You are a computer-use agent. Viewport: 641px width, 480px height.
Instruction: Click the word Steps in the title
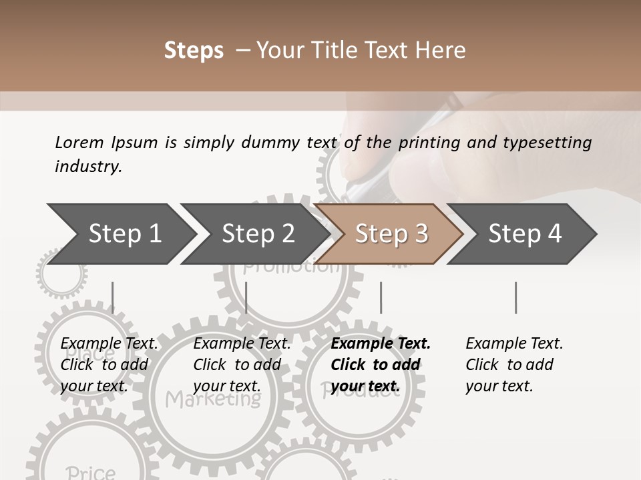coord(194,51)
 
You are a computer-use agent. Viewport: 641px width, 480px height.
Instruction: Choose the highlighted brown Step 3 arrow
coord(391,234)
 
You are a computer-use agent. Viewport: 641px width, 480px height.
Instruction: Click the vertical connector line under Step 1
coord(113,297)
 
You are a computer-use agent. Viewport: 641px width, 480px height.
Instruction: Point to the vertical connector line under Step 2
coord(246,297)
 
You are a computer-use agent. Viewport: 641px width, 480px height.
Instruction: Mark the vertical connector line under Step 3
coord(381,297)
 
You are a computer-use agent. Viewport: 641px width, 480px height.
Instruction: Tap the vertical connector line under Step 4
coord(515,297)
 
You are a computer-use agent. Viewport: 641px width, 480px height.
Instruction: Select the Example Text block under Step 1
coord(109,365)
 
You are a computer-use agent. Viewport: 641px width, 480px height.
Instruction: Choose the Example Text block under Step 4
coord(513,365)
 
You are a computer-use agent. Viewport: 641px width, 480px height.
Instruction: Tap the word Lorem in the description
coord(79,142)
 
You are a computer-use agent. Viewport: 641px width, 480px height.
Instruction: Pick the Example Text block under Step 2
coord(242,365)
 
